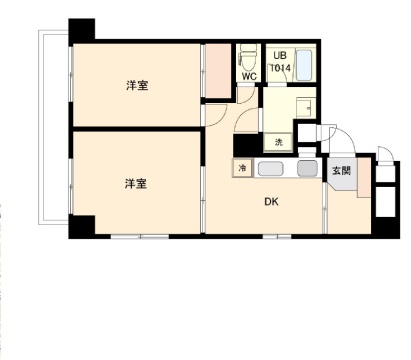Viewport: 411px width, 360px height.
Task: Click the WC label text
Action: pos(249,76)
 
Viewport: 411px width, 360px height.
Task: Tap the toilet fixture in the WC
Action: pos(249,57)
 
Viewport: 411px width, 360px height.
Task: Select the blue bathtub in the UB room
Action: pos(304,65)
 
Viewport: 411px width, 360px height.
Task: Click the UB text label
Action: pos(279,55)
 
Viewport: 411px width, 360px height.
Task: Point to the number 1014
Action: pos(280,68)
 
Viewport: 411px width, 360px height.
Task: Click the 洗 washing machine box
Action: pos(278,142)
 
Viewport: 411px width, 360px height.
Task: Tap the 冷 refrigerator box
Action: pos(242,168)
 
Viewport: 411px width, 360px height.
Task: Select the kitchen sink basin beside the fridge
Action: pos(271,169)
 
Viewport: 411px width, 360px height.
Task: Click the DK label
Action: pos(271,202)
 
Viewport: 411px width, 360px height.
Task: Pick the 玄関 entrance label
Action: pos(341,171)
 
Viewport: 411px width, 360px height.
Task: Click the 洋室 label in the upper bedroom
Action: pos(137,85)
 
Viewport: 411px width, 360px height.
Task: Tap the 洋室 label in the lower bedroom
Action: pos(136,184)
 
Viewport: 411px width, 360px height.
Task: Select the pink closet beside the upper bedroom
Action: pos(218,71)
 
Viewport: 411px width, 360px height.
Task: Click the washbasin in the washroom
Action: pos(305,107)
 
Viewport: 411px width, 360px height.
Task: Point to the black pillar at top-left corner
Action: pos(82,32)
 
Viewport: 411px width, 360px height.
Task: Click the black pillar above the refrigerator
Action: pos(247,145)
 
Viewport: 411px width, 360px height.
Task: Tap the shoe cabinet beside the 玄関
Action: pos(364,177)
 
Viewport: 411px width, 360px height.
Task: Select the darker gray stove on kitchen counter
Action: pos(307,169)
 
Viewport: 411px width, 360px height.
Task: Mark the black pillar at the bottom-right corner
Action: pos(386,228)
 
